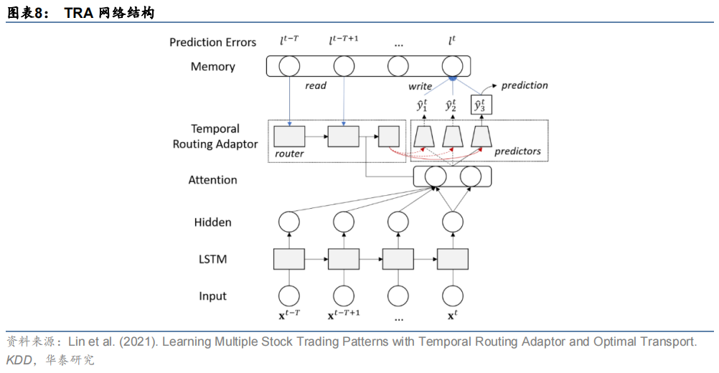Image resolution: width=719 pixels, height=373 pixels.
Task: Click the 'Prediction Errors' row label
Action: click(213, 42)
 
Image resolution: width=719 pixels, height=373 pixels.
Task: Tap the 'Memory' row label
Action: click(213, 67)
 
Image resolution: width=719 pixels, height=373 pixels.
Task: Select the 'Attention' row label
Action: click(213, 180)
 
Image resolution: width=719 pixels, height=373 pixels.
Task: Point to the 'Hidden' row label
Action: click(213, 222)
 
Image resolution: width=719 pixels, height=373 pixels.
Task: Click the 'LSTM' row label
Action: click(213, 260)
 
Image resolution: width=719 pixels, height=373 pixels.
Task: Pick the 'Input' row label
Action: click(213, 296)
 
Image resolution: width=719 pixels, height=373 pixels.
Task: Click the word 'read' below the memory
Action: click(316, 85)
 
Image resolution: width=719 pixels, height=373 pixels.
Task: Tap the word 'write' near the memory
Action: click(420, 86)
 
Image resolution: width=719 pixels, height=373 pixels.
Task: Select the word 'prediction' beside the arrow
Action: click(525, 85)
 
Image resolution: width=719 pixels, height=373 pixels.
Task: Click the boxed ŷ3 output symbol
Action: click(481, 105)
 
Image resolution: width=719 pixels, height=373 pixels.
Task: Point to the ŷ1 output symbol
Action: click(423, 105)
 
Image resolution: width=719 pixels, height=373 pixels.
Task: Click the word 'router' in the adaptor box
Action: click(289, 154)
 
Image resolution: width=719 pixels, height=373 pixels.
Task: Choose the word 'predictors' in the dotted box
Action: click(517, 151)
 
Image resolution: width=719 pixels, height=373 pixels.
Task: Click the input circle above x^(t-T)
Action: click(289, 296)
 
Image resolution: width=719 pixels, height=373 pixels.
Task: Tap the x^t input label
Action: click(452, 316)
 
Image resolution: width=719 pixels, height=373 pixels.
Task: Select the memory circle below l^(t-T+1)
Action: click(344, 66)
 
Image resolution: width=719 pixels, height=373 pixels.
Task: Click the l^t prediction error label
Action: click(451, 41)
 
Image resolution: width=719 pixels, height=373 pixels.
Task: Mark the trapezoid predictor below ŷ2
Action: click(453, 137)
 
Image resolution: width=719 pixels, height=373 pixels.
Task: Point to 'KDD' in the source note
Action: click(19, 360)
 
